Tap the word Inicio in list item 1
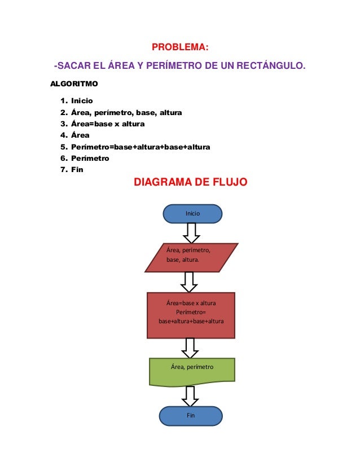click(82, 101)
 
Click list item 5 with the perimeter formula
click(140, 147)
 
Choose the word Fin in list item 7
click(77, 170)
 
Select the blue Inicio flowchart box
click(192, 214)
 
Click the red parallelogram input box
click(191, 257)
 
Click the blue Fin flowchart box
click(191, 416)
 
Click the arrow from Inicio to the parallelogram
click(191, 232)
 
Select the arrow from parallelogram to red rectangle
click(190, 282)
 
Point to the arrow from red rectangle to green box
click(190, 348)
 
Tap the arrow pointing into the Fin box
click(190, 395)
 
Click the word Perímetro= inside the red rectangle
click(191, 312)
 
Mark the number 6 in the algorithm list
click(62, 159)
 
